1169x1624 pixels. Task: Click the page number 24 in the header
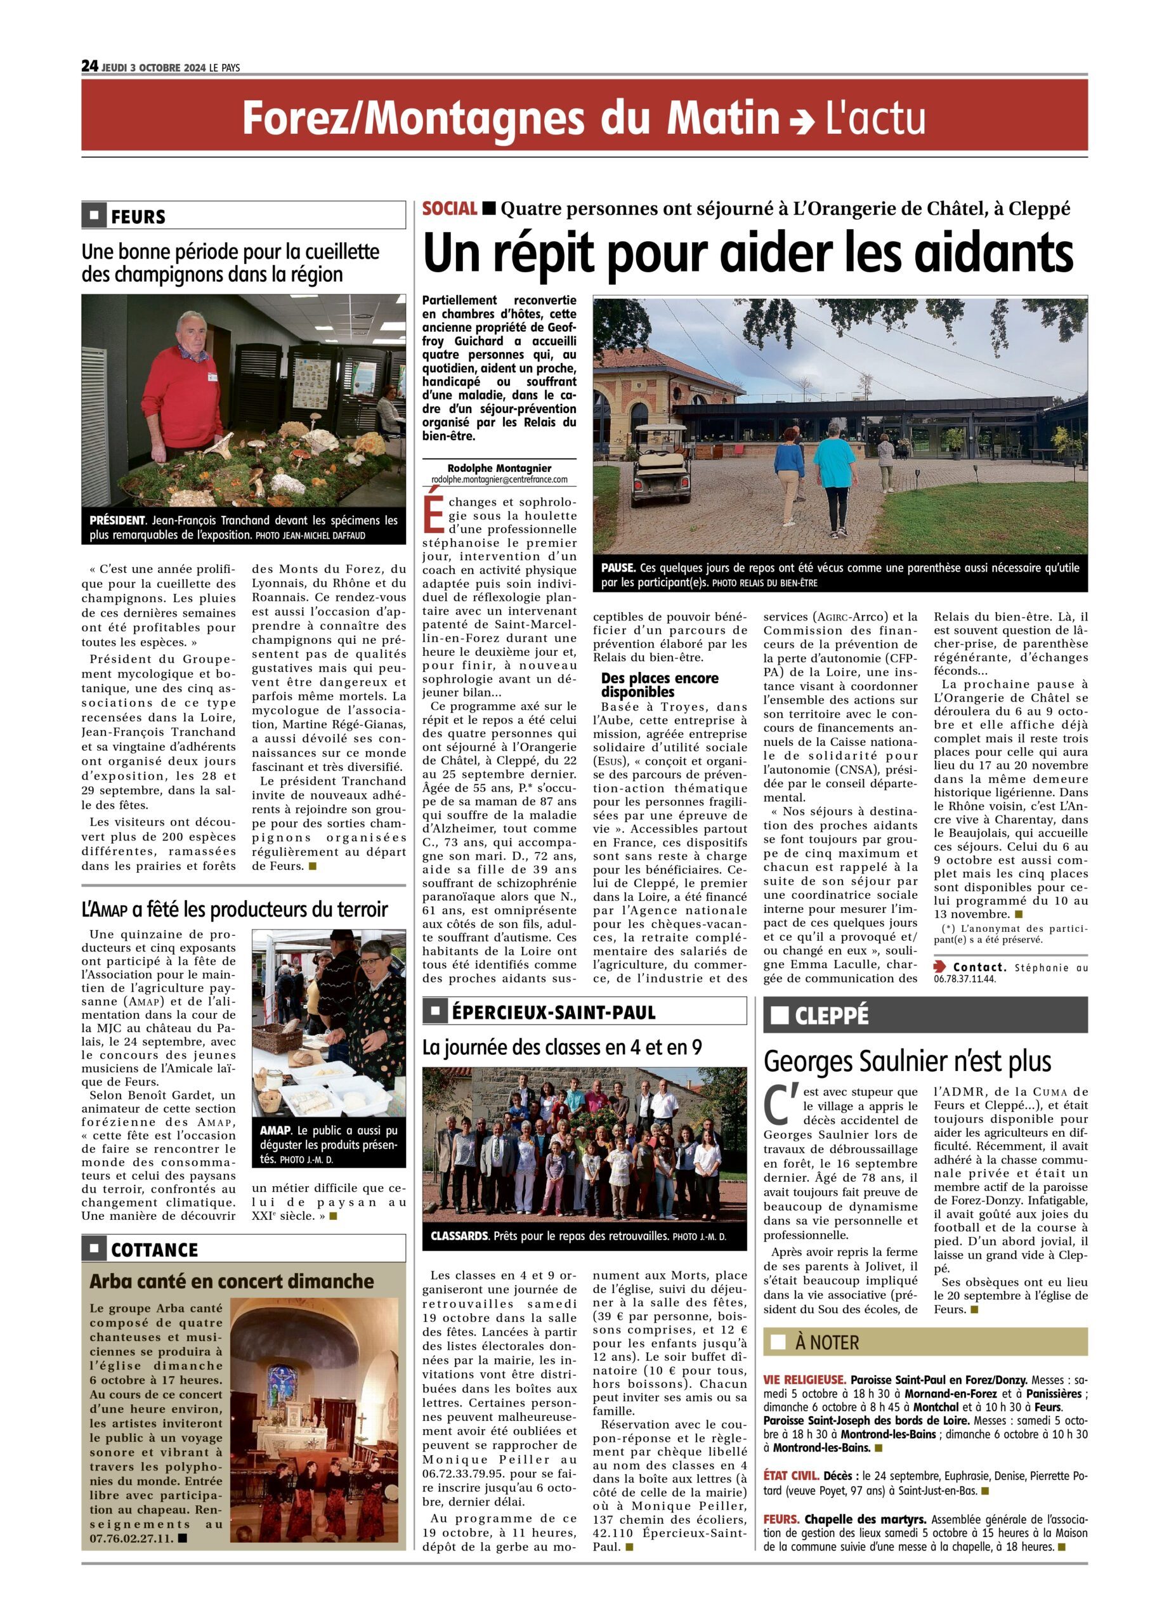click(89, 66)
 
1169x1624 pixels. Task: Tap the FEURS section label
click(138, 216)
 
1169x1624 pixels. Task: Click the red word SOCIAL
click(450, 208)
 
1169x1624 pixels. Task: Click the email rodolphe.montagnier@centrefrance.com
click(499, 480)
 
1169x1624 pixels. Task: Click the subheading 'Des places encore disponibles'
click(659, 684)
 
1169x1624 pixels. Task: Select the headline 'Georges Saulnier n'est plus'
click(907, 1061)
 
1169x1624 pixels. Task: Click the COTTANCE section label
click(154, 1250)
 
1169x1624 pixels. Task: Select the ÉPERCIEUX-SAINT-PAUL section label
click(552, 1012)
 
